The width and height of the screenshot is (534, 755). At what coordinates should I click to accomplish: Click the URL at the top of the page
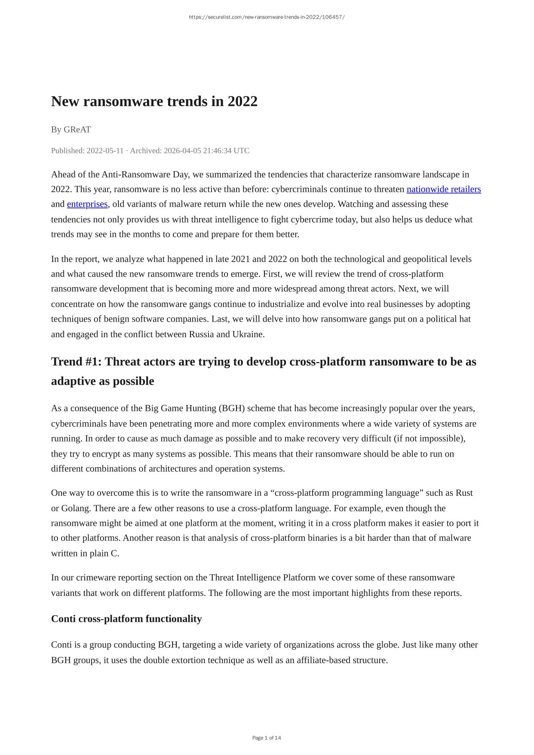point(267,17)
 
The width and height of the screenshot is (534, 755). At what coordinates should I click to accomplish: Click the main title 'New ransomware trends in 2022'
point(154,101)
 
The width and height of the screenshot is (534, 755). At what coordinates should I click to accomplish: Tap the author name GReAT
point(77,129)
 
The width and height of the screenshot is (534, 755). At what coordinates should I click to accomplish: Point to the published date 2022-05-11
point(105,150)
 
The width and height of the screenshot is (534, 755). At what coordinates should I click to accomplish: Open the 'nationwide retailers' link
point(443,189)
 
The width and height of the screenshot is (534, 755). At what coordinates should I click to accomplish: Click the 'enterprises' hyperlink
point(87,204)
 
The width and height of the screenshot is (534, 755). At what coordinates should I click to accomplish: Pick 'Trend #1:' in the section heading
point(76,362)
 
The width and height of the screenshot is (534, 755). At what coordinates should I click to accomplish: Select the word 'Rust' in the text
point(464,493)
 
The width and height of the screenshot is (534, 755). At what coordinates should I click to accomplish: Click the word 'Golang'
point(76,508)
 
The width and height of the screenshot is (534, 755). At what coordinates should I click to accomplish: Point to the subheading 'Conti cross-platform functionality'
point(126,619)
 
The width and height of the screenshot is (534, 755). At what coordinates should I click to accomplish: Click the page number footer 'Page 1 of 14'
point(267,738)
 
